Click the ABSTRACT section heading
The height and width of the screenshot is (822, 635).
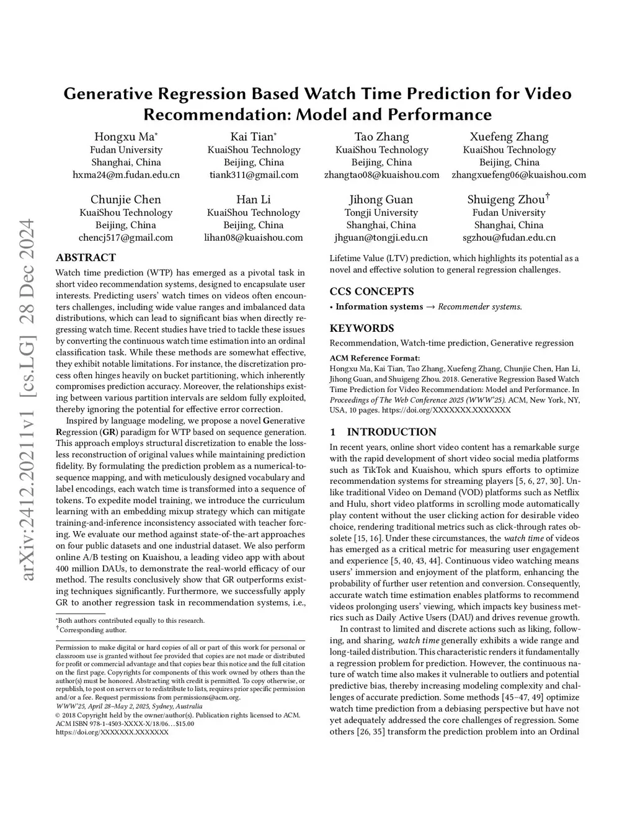[86, 257]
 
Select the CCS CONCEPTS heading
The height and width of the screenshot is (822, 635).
[371, 292]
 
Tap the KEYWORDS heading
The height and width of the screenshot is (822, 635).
[362, 328]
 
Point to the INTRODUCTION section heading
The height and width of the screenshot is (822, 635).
[391, 432]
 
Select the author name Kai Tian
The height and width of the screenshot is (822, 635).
[252, 136]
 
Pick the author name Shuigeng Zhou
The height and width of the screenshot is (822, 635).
[507, 199]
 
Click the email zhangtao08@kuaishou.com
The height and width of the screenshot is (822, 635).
[381, 175]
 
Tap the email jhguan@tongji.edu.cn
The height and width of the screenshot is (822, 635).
[381, 238]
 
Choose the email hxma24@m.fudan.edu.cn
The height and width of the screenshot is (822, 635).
[126, 175]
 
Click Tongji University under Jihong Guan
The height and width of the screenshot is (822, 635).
[381, 212]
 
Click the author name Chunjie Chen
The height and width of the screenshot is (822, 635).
[125, 199]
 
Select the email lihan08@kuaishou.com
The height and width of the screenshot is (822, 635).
[254, 238]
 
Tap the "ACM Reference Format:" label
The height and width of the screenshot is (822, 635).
[375, 358]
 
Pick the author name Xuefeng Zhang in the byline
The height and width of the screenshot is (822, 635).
[509, 136]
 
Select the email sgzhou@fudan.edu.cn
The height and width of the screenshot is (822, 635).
[509, 238]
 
